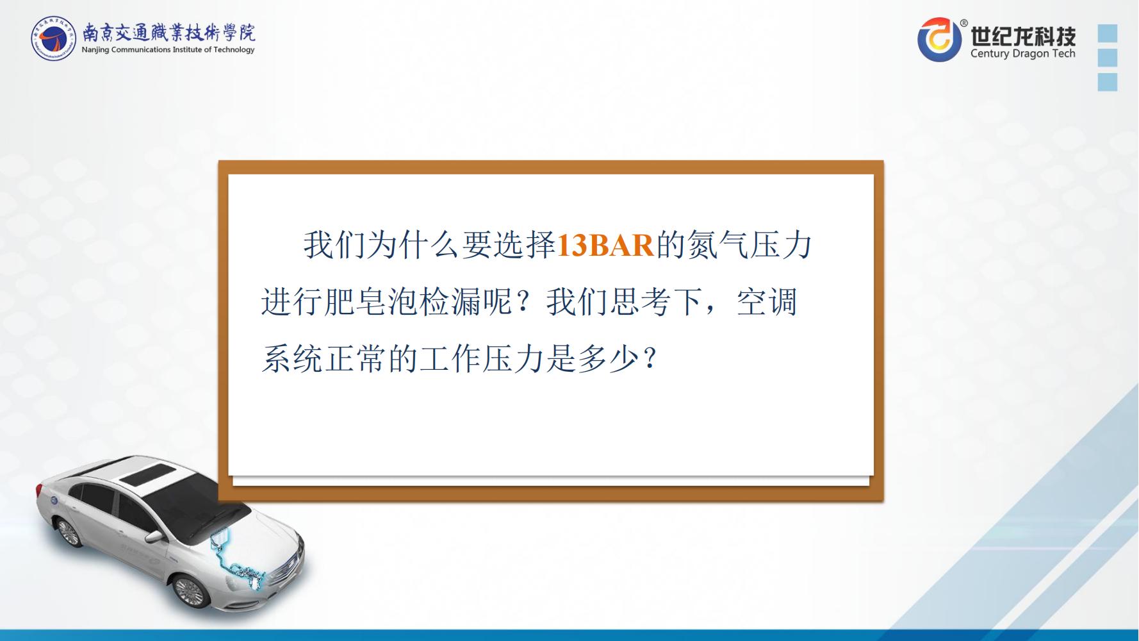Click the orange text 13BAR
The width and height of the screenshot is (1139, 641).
pos(605,246)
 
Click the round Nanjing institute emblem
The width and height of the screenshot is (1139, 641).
pos(54,38)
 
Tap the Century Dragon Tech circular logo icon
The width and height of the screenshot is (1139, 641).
pos(939,40)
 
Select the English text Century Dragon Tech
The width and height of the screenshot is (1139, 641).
pos(1022,54)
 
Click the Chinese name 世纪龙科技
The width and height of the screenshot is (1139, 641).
pos(1023,35)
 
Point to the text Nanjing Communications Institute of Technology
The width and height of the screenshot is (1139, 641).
pos(168,49)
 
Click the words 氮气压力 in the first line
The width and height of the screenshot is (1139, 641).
pos(750,246)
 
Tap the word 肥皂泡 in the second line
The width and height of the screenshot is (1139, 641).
pos(371,302)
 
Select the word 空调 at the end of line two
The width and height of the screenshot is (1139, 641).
pos(766,302)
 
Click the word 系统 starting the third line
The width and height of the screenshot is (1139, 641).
pos(292,358)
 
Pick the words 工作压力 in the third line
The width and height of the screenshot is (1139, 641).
pos(481,358)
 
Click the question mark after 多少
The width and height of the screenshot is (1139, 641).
pos(650,358)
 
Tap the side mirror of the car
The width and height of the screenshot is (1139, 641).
pos(154,535)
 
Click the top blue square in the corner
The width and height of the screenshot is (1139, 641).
pos(1108,33)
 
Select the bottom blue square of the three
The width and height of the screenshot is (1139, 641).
pos(1108,82)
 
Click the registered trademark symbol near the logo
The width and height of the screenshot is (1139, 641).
pos(965,23)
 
